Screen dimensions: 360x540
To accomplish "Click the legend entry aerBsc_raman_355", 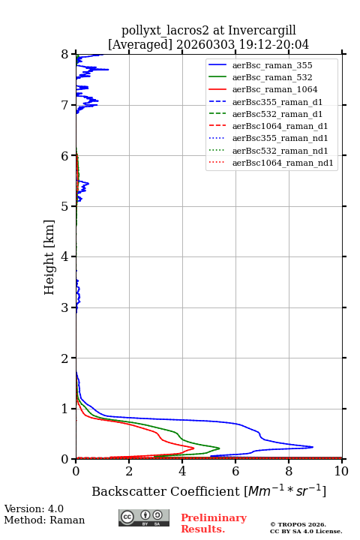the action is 272,65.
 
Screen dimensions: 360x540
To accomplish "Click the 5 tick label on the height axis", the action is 64,206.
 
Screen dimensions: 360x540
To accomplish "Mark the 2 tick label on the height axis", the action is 64,358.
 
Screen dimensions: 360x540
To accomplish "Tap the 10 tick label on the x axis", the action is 341,471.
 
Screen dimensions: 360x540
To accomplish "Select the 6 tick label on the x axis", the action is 235,471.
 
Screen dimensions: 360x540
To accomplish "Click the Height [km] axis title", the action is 49,257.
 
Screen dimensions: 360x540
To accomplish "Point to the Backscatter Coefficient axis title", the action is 208,490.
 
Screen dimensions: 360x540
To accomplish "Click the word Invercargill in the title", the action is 262,31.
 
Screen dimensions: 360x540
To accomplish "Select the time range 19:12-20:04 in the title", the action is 272,44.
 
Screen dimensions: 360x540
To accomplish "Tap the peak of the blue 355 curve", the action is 313,447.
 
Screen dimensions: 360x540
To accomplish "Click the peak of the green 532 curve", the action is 220,448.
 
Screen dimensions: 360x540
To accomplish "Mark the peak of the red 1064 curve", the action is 193,448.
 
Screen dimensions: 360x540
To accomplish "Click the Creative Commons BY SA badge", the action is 144,517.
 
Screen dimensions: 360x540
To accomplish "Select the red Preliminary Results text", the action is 214,523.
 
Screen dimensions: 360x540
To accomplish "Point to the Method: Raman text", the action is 44,520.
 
